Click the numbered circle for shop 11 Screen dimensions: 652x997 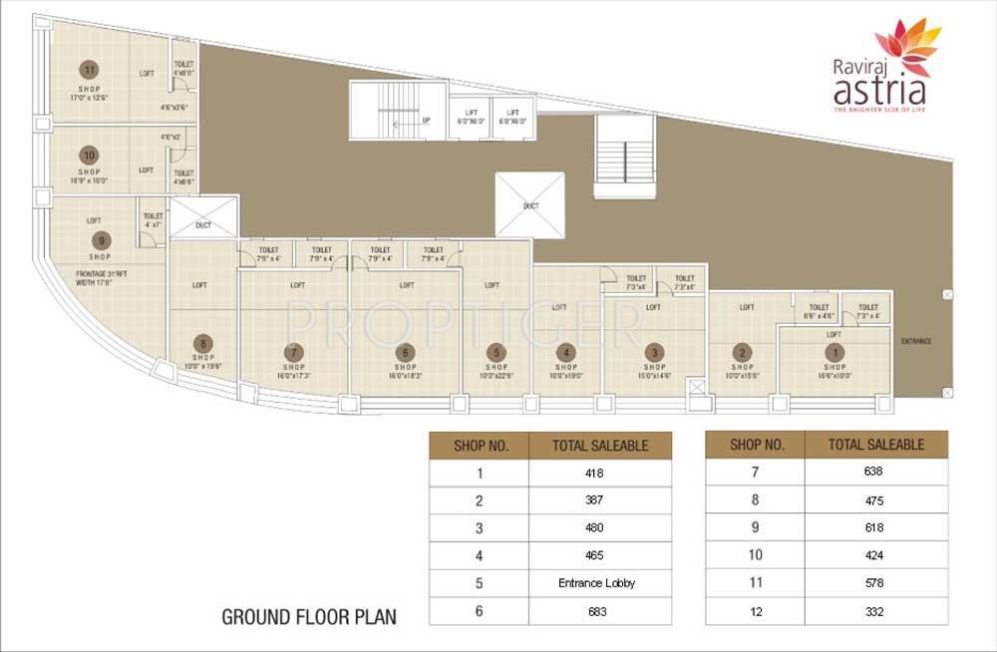coord(90,70)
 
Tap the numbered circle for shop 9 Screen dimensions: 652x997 coord(99,239)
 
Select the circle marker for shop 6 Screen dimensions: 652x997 coord(405,352)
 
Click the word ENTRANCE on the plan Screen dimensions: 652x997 coord(915,342)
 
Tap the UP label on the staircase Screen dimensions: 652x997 coord(426,121)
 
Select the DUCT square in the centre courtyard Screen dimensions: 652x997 coord(530,204)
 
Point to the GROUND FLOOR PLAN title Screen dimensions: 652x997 coord(308,617)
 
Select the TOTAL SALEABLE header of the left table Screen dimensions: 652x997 coord(599,445)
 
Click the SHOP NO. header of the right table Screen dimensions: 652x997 coord(755,445)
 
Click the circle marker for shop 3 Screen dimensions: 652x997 coord(654,352)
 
